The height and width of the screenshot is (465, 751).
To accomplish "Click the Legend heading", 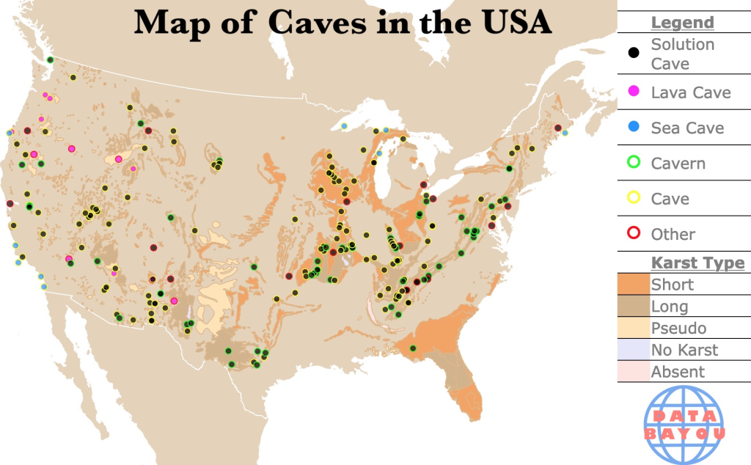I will coord(682,23).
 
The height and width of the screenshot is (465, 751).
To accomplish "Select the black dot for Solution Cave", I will coord(634,54).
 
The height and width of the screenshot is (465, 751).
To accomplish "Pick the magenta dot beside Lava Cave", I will coord(634,92).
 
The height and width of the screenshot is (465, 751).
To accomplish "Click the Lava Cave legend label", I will coord(691,92).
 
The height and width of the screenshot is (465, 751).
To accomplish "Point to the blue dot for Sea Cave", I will coord(634,128).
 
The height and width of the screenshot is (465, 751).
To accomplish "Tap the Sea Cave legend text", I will coord(687,128).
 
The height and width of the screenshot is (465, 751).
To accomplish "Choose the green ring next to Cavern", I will coord(634,163).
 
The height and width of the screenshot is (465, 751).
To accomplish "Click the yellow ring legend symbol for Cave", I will coord(634,198).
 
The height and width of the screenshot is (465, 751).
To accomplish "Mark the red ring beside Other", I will coord(634,233).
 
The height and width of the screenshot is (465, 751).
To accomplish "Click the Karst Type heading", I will coord(697,263).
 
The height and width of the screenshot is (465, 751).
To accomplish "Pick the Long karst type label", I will coord(670,307).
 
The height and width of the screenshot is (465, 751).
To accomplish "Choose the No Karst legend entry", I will coord(684,350).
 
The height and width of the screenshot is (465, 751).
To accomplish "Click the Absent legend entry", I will coord(678,372).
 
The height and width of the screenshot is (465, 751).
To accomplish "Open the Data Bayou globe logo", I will coord(684,425).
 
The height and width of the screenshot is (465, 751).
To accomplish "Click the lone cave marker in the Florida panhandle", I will coord(413,348).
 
